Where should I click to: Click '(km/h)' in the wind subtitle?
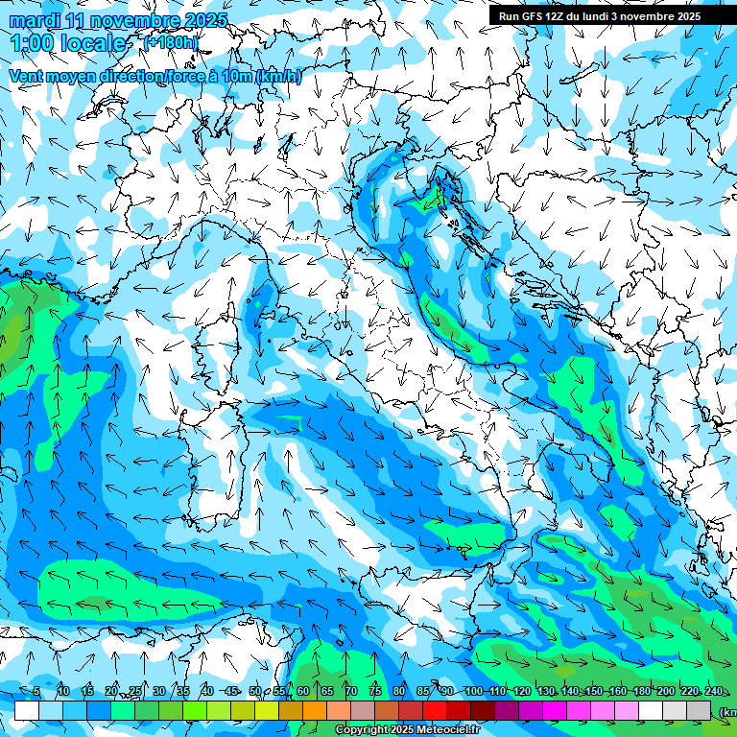click(279, 77)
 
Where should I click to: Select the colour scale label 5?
click(36, 691)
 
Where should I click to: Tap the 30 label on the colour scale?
click(158, 691)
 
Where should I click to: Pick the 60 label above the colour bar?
click(302, 691)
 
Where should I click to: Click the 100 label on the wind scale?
click(473, 691)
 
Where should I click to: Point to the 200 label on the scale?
click(665, 691)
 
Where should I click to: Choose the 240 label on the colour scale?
click(713, 691)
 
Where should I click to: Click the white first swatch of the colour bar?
click(26, 710)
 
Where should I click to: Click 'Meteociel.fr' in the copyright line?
click(456, 730)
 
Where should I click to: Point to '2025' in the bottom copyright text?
click(398, 730)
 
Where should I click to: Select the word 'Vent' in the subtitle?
click(28, 77)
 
